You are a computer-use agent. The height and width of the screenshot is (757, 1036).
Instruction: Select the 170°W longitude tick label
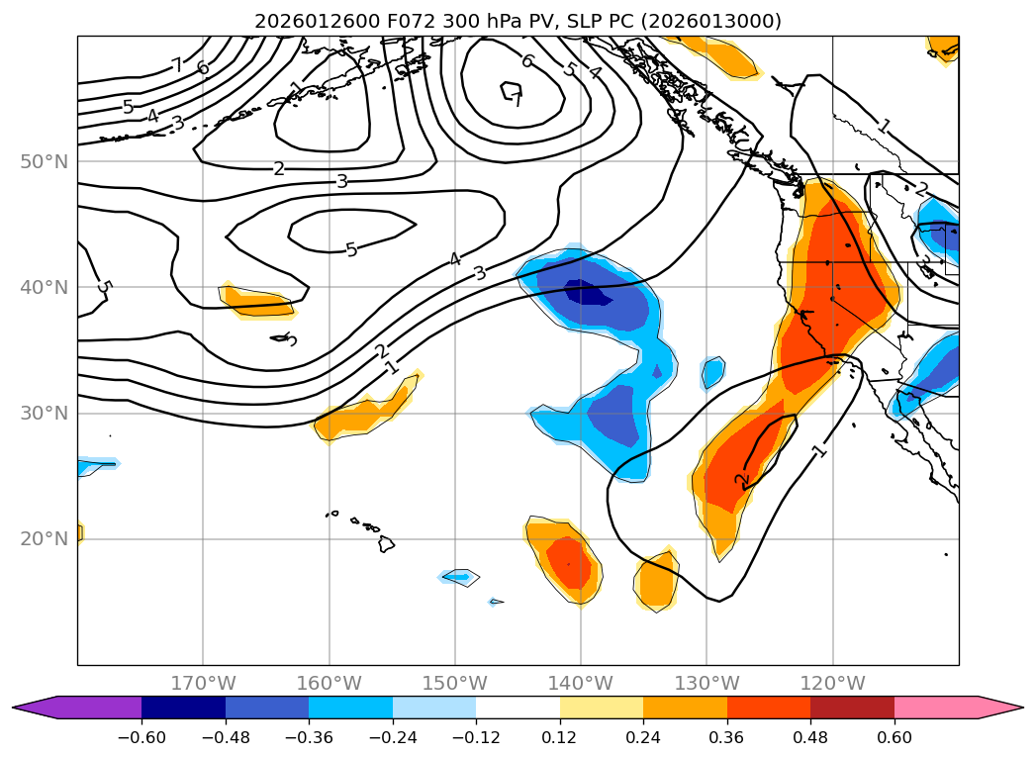(203, 683)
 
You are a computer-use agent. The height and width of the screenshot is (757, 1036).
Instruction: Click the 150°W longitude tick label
(455, 683)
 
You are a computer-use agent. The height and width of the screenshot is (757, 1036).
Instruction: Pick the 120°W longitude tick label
(832, 683)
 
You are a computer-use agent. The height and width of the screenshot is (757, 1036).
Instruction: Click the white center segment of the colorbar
(518, 707)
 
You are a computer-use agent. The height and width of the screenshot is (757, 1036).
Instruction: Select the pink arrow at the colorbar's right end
(1000, 707)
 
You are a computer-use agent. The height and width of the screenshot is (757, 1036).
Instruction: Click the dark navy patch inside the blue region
(588, 292)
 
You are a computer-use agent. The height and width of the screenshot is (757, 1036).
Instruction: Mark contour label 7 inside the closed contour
(515, 96)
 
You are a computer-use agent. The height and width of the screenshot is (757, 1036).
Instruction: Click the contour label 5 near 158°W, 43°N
(351, 249)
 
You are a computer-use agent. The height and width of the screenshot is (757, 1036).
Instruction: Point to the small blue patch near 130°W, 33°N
(712, 372)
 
